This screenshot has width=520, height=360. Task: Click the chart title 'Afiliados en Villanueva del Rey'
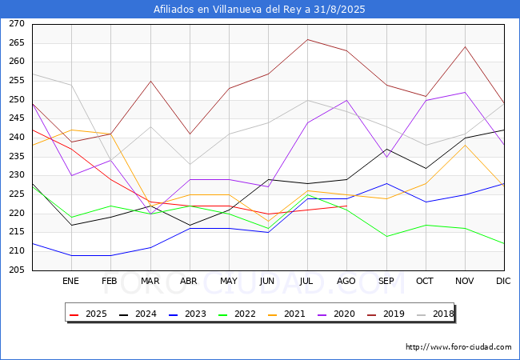pyautogui.click(x=231, y=10)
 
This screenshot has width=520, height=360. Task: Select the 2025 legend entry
pyautogui.click(x=88, y=314)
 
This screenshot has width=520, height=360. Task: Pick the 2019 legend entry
pyautogui.click(x=386, y=314)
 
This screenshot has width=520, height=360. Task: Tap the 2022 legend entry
pyautogui.click(x=237, y=314)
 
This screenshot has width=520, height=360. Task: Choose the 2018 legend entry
pyautogui.click(x=435, y=314)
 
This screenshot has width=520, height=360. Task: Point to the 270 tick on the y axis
pyautogui.click(x=17, y=23)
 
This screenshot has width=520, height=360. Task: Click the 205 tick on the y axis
pyautogui.click(x=17, y=270)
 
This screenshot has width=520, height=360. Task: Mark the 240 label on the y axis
pyautogui.click(x=17, y=138)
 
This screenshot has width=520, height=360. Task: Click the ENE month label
pyautogui.click(x=70, y=281)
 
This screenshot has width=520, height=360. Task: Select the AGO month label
pyautogui.click(x=346, y=281)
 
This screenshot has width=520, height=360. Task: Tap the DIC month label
pyautogui.click(x=503, y=281)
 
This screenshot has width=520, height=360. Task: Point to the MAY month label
pyautogui.click(x=229, y=281)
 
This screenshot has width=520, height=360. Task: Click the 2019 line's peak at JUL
pyautogui.click(x=308, y=39)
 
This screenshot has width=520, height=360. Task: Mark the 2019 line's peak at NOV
pyautogui.click(x=466, y=46)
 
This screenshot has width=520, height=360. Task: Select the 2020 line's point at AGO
pyautogui.click(x=347, y=100)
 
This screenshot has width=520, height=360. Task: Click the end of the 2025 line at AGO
pyautogui.click(x=347, y=206)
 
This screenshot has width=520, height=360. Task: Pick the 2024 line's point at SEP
pyautogui.click(x=386, y=149)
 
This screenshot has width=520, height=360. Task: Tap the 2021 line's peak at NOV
pyautogui.click(x=466, y=145)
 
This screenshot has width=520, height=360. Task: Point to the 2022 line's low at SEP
pyautogui.click(x=386, y=236)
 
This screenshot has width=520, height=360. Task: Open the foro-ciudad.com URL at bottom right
pyautogui.click(x=458, y=347)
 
